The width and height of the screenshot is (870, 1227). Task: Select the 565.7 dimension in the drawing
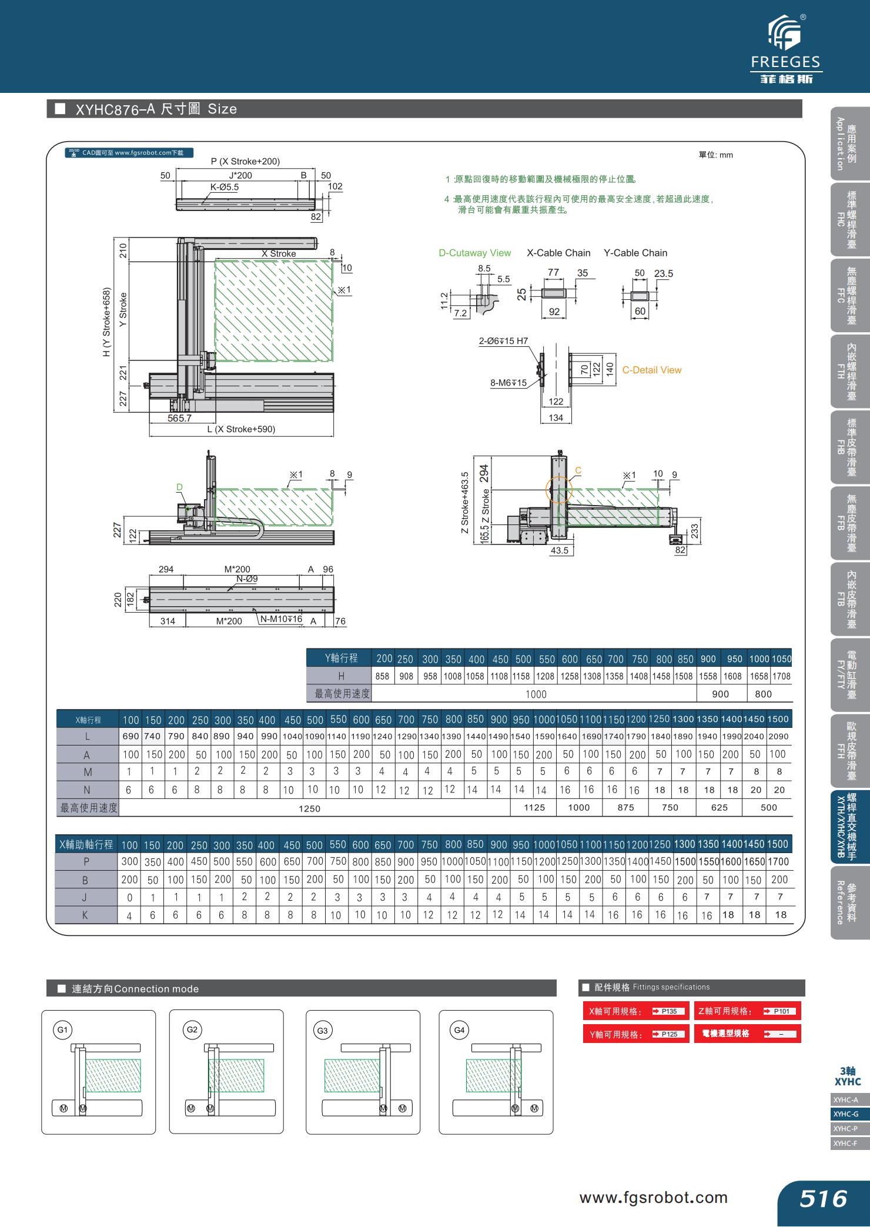click(179, 418)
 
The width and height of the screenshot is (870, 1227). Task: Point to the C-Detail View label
click(651, 370)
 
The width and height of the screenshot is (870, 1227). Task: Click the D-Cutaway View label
click(474, 253)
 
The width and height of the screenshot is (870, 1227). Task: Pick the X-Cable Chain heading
click(558, 253)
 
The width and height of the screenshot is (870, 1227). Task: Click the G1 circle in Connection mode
click(62, 1029)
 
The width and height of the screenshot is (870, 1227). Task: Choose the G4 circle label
click(459, 1029)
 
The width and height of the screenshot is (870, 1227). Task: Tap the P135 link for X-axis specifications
click(669, 1011)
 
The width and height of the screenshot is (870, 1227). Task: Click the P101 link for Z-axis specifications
click(781, 1011)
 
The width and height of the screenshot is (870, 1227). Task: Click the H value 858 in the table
click(382, 676)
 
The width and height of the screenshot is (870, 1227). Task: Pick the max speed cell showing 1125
click(534, 807)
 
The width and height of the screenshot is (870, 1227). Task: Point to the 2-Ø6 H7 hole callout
click(503, 341)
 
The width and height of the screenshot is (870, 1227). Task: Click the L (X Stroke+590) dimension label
click(241, 429)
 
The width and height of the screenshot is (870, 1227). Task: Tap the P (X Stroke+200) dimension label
click(245, 161)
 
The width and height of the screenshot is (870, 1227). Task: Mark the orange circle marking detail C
click(558, 490)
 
